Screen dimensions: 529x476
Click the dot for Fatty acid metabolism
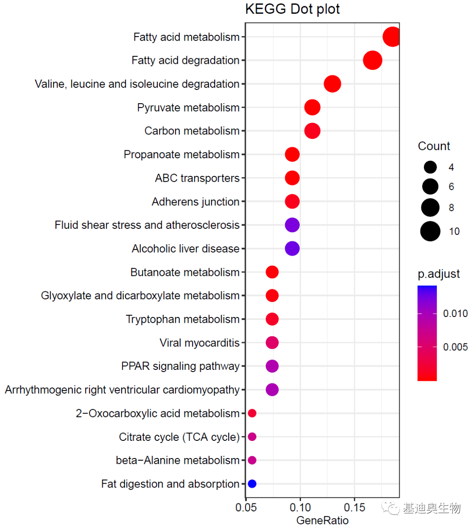click(391, 37)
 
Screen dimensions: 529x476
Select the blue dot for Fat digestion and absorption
click(252, 484)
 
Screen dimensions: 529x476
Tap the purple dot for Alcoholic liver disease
click(292, 249)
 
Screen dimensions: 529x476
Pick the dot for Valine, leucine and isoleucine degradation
click(332, 84)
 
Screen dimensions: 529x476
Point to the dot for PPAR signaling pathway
click(272, 366)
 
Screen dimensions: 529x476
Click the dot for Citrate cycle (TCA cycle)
click(252, 437)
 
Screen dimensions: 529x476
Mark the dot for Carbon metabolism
click(312, 131)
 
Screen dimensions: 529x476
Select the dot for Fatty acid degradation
click(372, 60)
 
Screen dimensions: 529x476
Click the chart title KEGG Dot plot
click(292, 9)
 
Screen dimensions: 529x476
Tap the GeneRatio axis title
click(322, 521)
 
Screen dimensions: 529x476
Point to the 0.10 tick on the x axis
click(301, 507)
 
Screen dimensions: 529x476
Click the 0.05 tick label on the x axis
click(246, 507)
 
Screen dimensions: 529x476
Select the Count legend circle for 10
click(430, 231)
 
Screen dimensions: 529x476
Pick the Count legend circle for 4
click(430, 167)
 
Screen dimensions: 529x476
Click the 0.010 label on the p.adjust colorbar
click(455, 313)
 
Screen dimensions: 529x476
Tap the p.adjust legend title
click(439, 274)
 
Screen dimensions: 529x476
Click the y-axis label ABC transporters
click(197, 178)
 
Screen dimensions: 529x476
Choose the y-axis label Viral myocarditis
click(199, 343)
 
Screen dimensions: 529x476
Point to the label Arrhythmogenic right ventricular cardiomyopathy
click(122, 390)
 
